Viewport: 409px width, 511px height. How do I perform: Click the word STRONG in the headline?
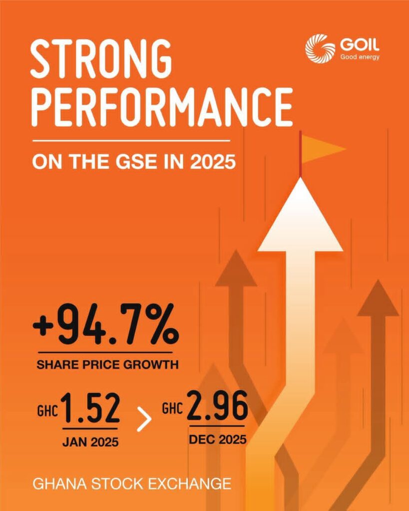101,58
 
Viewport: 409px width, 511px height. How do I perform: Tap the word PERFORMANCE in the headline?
162,106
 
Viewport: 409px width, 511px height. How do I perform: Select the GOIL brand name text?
360,44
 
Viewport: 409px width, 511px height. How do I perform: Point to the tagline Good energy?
360,57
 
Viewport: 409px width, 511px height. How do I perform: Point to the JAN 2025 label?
90,442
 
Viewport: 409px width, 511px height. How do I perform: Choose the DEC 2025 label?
218,439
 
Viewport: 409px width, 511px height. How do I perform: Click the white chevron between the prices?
144,419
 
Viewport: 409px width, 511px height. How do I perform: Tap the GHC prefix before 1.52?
47,411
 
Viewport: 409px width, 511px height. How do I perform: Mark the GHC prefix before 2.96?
172,409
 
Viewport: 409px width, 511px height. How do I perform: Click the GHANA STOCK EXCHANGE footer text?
132,484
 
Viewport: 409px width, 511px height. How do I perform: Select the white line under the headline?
131,141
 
